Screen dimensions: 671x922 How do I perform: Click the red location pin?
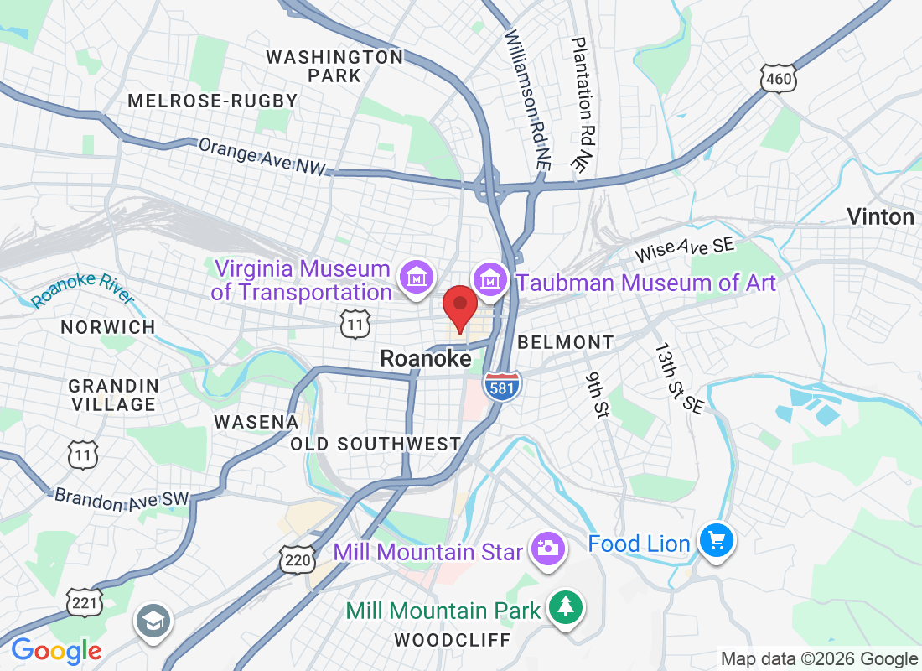459,307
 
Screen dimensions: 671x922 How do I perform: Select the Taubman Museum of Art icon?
490,276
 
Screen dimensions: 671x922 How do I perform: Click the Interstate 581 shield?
502,384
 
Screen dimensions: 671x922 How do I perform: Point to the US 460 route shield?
779,78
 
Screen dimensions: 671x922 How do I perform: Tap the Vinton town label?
880,217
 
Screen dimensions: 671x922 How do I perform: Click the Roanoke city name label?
425,358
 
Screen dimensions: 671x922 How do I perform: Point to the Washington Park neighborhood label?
334,66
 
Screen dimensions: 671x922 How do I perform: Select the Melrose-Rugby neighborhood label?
212,101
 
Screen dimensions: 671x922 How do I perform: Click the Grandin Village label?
113,394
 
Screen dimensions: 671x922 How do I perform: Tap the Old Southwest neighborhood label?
376,444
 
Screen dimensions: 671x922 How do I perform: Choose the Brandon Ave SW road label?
122,497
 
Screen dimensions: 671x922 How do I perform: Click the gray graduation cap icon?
153,622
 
